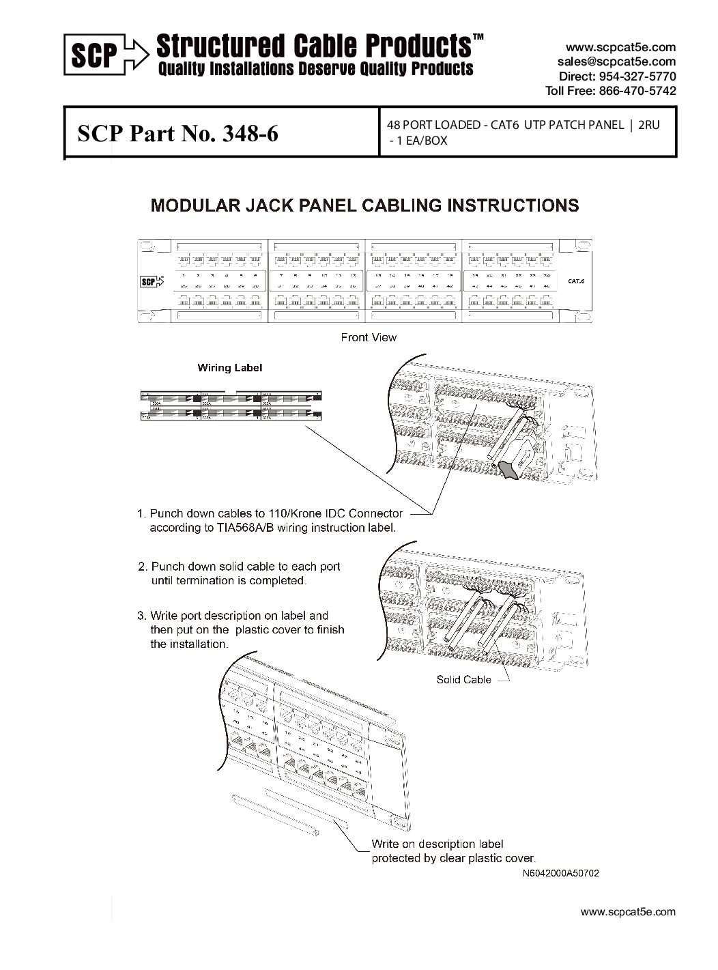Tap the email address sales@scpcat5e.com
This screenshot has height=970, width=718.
tap(616, 61)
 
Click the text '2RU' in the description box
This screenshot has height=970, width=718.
tap(647, 126)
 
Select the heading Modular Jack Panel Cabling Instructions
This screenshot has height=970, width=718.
tap(364, 205)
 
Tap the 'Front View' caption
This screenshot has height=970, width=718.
tap(369, 337)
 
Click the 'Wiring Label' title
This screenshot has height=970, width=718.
tap(230, 368)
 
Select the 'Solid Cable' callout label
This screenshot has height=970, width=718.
tap(463, 680)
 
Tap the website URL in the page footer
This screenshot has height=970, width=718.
tap(627, 911)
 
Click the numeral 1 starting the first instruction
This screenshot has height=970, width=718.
tap(141, 513)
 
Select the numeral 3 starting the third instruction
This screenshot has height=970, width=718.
tap(141, 615)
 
